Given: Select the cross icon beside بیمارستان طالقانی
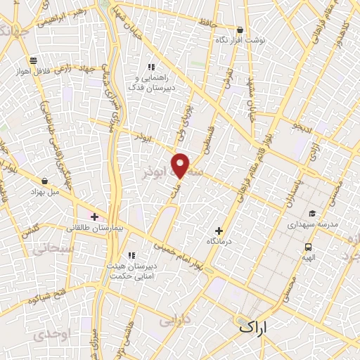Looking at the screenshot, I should click(x=94, y=217).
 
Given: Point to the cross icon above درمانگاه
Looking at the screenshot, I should click(x=219, y=231).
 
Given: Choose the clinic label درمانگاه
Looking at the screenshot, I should click(x=219, y=242).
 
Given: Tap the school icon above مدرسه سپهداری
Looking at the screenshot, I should click(x=312, y=214).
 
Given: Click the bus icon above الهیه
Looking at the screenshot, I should click(x=308, y=247).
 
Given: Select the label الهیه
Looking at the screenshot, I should click(x=308, y=257).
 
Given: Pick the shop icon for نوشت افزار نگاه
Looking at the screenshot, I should click(x=240, y=30).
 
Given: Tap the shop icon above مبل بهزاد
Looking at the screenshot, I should click(x=46, y=181).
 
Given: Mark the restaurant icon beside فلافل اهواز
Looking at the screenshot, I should click(x=33, y=60).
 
